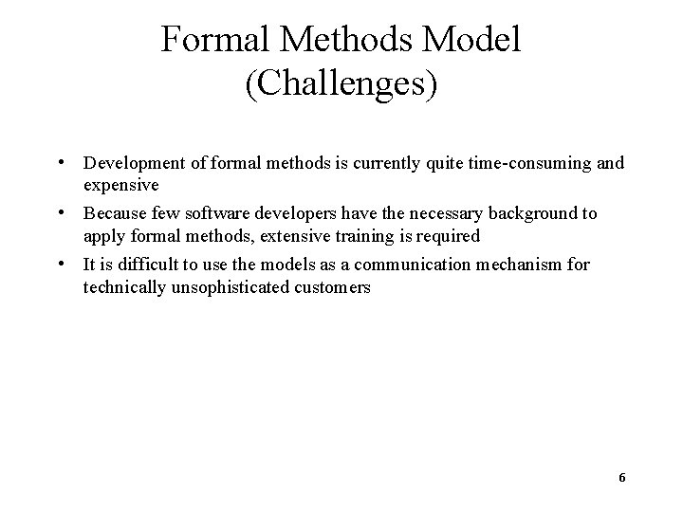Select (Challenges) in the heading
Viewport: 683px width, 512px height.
click(x=341, y=84)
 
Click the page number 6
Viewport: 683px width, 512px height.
click(x=621, y=477)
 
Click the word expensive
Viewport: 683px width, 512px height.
click(x=120, y=184)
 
